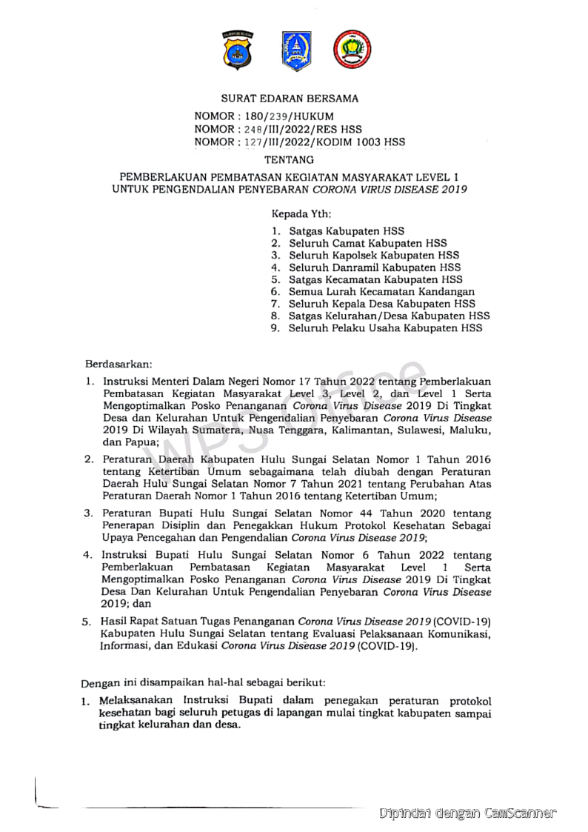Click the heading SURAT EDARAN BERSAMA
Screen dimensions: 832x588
tap(290, 98)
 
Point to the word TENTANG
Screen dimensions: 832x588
tap(289, 159)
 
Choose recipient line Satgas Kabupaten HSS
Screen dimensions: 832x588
tap(347, 231)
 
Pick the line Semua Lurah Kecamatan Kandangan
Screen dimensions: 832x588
tap(381, 291)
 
